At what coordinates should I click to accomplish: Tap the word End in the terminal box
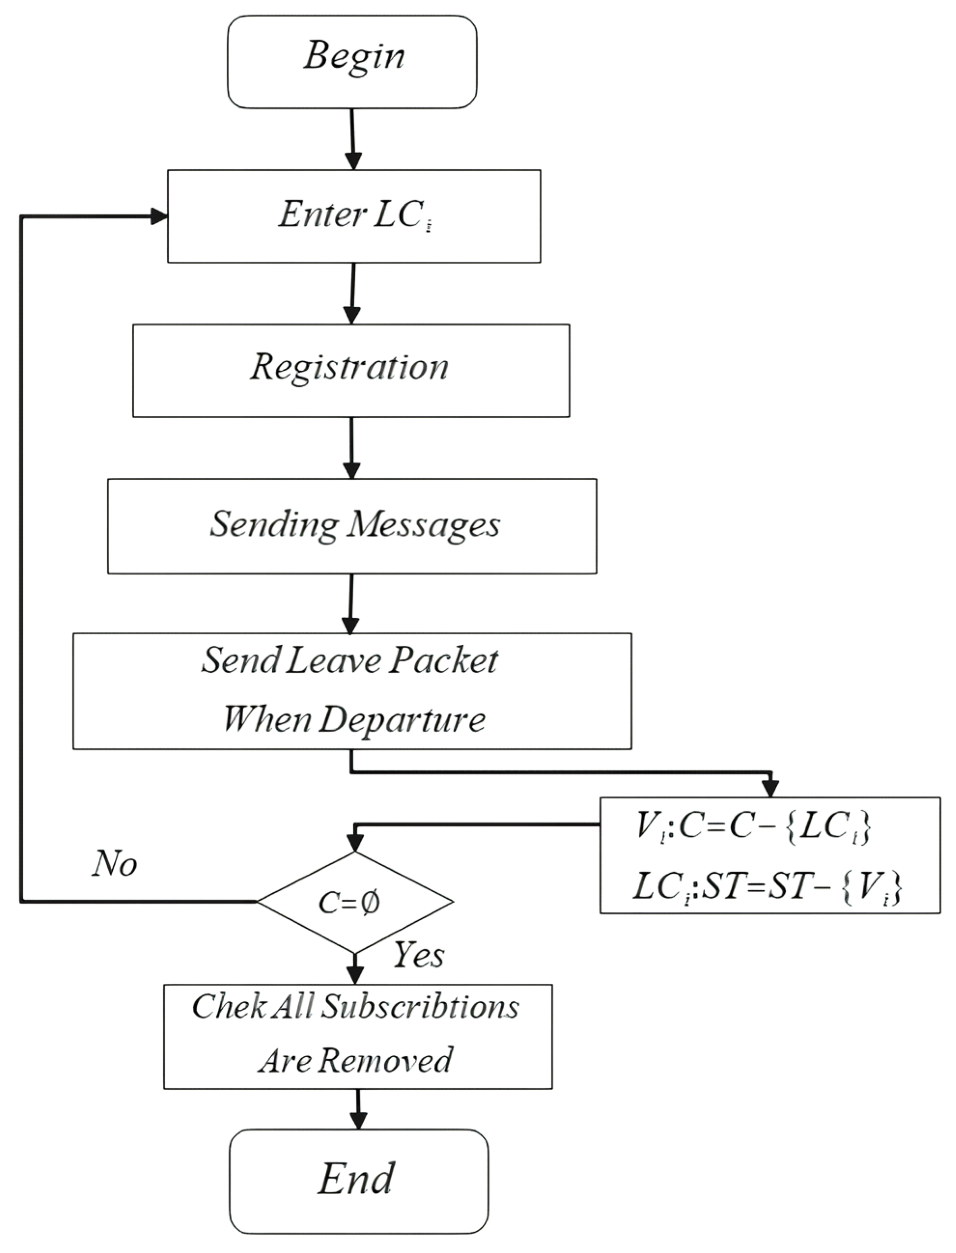click(356, 1179)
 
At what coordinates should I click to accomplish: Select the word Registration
click(349, 367)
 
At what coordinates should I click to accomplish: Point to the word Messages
click(423, 524)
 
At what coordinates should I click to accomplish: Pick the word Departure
click(402, 720)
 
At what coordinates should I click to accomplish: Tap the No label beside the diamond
click(114, 864)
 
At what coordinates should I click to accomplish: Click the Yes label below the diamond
click(419, 954)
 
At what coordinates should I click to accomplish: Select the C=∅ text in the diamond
click(349, 903)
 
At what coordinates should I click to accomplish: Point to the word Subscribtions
click(420, 1007)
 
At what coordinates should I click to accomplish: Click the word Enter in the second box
click(322, 215)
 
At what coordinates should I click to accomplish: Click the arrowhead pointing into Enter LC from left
click(159, 216)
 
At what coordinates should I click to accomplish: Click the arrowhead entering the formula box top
click(770, 788)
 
